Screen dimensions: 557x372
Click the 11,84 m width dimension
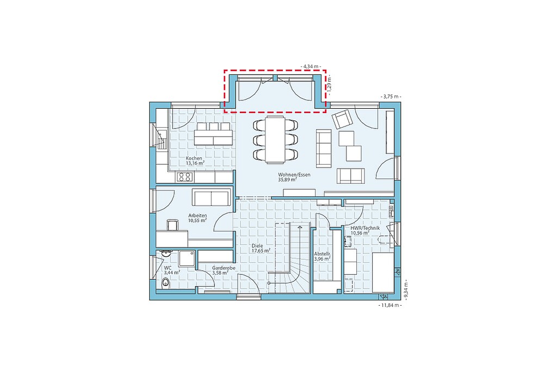[390, 305]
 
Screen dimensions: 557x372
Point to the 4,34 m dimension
[311, 66]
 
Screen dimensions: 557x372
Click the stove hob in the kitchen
[185, 177]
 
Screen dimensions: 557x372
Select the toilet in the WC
[165, 283]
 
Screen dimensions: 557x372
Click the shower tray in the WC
[187, 258]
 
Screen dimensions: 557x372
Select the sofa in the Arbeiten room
[211, 197]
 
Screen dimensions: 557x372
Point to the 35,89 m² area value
[287, 180]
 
